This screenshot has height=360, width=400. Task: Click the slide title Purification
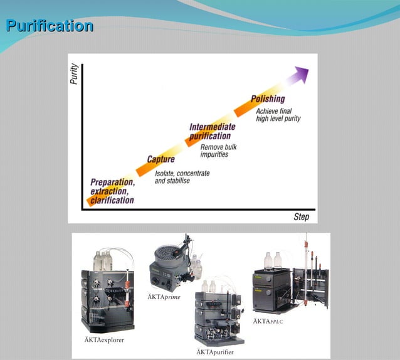50,26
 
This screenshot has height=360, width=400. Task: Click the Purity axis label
75,75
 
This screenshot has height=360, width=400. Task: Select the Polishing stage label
268,99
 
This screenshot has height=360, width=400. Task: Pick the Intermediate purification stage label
213,132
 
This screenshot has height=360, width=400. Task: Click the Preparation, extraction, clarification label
112,191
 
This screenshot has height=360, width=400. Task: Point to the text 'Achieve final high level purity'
278,115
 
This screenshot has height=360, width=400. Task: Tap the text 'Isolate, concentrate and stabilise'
182,177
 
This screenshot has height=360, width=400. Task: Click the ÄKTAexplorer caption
103,340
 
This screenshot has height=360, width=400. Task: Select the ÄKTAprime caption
164,297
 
